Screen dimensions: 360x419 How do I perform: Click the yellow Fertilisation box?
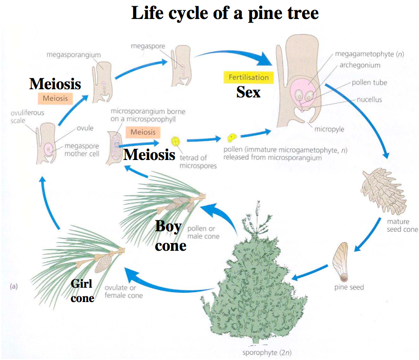coord(248,77)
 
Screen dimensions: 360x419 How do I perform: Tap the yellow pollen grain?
coord(232,137)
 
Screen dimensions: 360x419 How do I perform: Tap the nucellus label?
coord(370,99)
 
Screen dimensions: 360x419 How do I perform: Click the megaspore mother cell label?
coord(82,150)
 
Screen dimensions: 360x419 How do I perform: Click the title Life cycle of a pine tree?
coord(225,12)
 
